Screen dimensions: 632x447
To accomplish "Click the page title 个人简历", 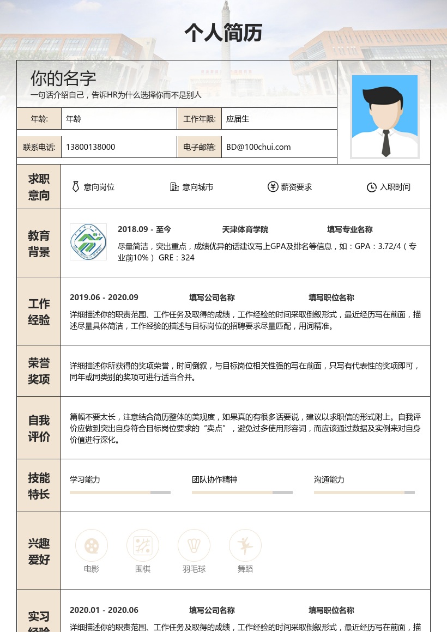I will coord(224,33).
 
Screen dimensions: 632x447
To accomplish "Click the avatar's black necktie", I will coord(386,143).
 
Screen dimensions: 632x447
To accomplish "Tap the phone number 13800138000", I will coord(90,147).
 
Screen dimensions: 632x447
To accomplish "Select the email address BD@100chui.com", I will coord(258,147).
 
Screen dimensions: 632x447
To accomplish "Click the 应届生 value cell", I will coord(238,119).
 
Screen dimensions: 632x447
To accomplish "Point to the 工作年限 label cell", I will coord(200,119).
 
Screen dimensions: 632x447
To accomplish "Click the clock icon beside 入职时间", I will coord(371,187).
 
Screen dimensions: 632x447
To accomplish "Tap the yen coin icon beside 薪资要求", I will coord(273,187).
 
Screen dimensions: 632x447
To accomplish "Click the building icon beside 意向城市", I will coord(174,187).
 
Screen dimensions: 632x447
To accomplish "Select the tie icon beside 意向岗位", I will coord(76,187).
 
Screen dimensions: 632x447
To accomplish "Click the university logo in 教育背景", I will coord(88,241).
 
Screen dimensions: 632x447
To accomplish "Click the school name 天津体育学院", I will coord(245,230).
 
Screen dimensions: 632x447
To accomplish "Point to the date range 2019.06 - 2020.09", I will coord(104,297).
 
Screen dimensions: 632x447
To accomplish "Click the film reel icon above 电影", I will coord(92,545).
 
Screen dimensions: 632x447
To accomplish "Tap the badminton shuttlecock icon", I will coord(194,545).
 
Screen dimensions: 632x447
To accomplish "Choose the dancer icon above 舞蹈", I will coord(245,545).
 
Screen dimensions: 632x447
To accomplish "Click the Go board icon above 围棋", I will coord(143,545).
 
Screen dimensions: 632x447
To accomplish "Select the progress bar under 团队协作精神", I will coord(242,493).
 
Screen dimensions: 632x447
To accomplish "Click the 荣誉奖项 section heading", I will coord(39,370).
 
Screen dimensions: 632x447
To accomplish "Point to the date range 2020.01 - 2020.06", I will coord(104,610).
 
